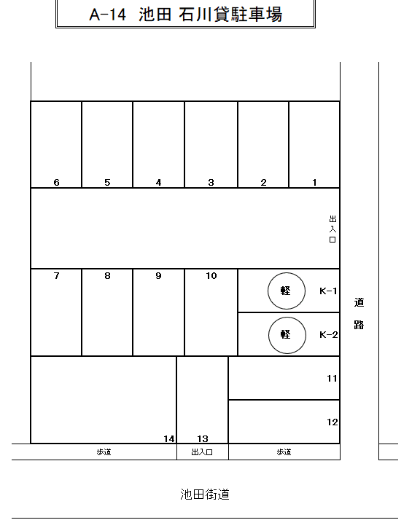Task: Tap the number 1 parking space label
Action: click(x=314, y=183)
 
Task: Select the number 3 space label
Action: click(x=211, y=183)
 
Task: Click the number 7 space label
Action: click(x=56, y=276)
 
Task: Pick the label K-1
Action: click(x=328, y=291)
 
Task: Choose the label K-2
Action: click(x=329, y=335)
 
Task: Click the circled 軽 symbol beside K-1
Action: click(x=287, y=291)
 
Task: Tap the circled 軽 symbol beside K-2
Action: click(x=287, y=335)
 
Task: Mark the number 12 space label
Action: click(x=332, y=422)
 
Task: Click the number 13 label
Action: click(x=203, y=438)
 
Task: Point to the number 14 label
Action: click(x=169, y=438)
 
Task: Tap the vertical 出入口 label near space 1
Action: click(x=332, y=229)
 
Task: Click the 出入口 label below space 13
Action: click(x=202, y=452)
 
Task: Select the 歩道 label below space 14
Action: click(x=104, y=452)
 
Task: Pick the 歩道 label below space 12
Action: click(x=284, y=452)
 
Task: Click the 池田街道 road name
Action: click(x=205, y=494)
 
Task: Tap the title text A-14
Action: click(x=107, y=15)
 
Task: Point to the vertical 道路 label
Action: click(x=359, y=313)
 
